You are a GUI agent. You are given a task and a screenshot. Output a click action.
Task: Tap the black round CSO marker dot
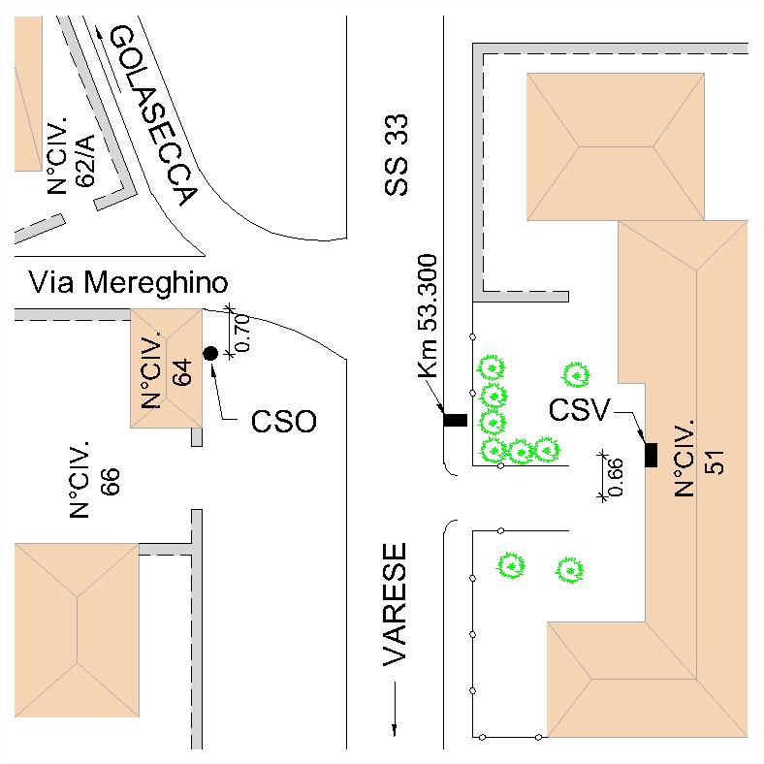click(x=209, y=354)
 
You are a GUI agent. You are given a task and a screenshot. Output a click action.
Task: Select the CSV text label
click(x=580, y=411)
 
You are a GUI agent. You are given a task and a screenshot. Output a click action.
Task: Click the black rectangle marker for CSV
click(x=651, y=454)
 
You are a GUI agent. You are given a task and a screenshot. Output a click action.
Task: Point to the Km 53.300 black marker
click(x=455, y=420)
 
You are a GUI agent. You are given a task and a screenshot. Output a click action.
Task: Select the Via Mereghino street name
click(x=128, y=283)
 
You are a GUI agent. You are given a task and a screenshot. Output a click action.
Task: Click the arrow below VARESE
click(x=396, y=709)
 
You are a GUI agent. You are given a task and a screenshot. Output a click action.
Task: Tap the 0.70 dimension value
click(x=243, y=333)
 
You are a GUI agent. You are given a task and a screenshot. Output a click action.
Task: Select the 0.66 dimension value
click(x=615, y=475)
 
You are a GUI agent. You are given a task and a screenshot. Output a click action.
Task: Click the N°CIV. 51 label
click(x=700, y=459)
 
